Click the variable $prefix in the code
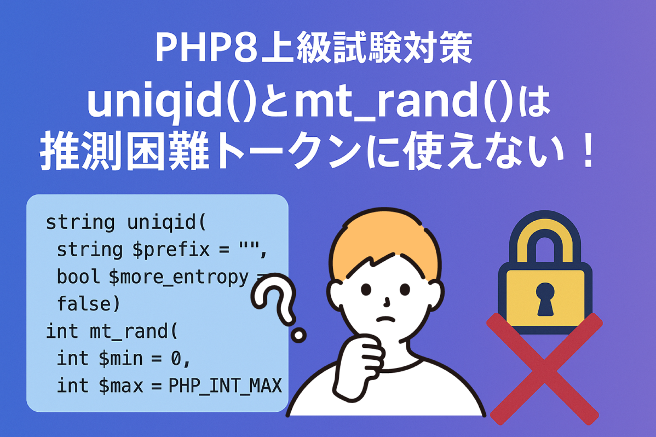point(171,250)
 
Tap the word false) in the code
point(88,303)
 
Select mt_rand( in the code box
point(134,331)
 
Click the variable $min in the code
point(120,358)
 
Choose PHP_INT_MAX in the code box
point(225,386)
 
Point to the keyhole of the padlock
point(545,298)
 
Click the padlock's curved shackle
point(545,222)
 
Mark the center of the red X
point(544,369)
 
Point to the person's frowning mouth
point(385,319)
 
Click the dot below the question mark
point(298,335)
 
